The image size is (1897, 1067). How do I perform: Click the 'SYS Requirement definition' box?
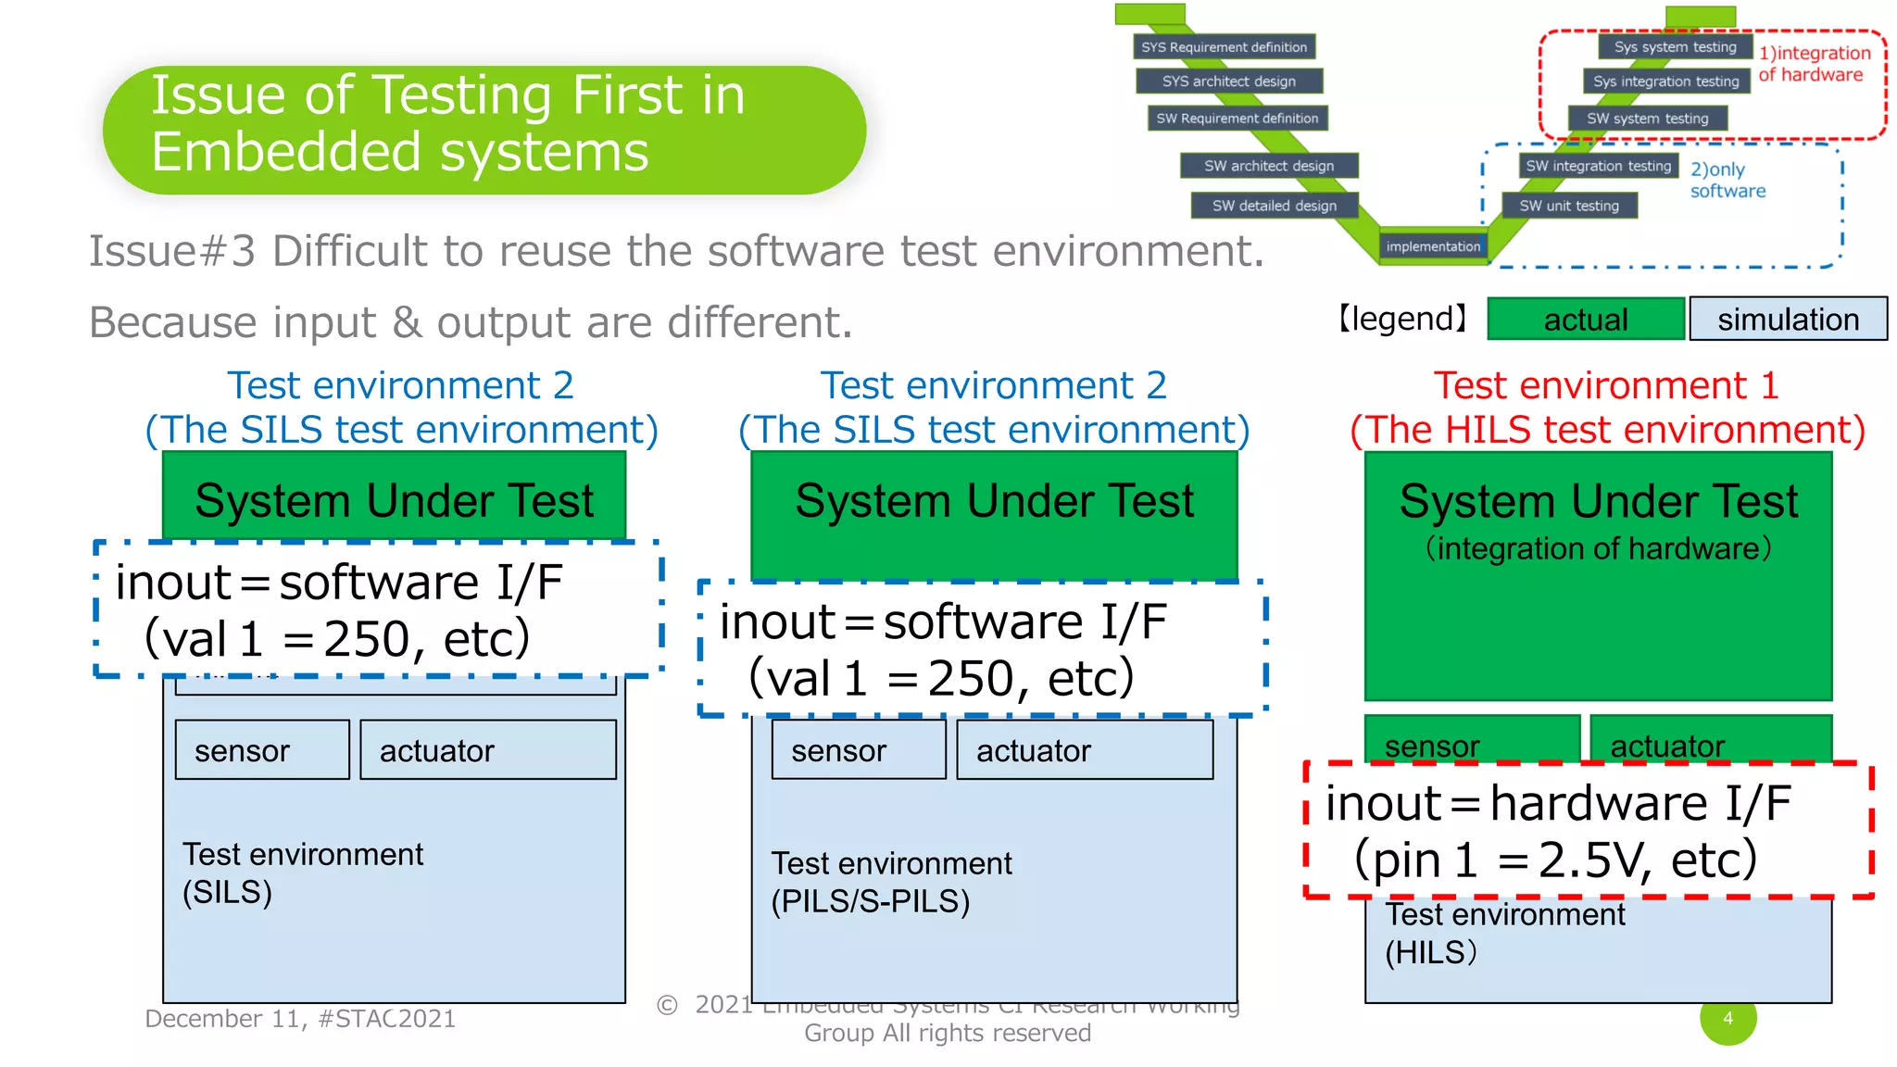pos(1224,46)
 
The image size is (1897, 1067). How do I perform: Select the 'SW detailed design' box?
pos(1274,206)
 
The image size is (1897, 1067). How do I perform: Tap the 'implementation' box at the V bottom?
pos(1433,246)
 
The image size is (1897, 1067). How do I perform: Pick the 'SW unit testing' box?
pos(1569,206)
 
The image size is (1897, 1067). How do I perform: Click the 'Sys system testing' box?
pos(1675,46)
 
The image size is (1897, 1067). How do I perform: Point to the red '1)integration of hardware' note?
pos(1814,64)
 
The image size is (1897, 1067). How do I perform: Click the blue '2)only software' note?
pos(1727,180)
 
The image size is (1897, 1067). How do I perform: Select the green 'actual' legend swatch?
pos(1585,320)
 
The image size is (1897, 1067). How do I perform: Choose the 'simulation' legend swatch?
pos(1788,320)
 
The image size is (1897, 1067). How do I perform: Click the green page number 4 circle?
pos(1727,1019)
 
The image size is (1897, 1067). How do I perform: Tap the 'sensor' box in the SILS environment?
pos(262,750)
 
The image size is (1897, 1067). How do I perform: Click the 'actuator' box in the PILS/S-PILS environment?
pos(1084,750)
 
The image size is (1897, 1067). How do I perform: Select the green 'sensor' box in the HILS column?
pos(1471,739)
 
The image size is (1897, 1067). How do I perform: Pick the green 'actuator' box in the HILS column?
pos(1710,739)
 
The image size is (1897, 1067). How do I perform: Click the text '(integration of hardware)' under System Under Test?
pos(1598,548)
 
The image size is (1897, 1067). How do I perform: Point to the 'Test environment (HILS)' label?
pos(1504,934)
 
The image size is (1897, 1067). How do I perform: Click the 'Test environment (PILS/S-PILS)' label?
pos(891,882)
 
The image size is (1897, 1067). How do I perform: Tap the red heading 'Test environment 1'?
pos(1606,385)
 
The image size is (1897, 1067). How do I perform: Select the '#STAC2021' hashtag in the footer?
pos(386,1019)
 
